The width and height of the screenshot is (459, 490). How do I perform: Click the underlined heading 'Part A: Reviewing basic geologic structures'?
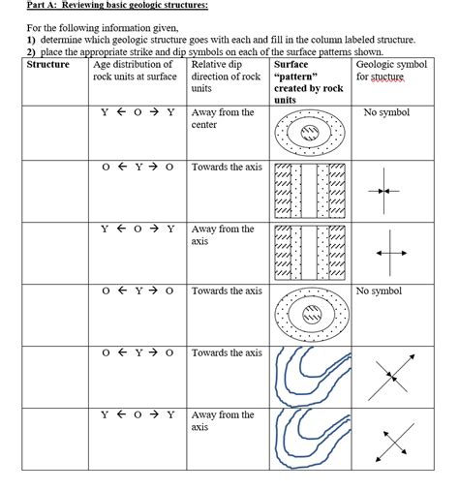tap(117, 7)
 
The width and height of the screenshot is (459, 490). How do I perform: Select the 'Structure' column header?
tap(48, 65)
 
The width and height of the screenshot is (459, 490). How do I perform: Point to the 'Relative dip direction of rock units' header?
tap(226, 77)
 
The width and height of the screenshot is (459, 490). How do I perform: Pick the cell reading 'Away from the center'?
tap(223, 118)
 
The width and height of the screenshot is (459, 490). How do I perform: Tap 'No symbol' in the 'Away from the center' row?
tap(386, 113)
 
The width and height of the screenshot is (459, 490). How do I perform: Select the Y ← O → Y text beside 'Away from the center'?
tap(138, 112)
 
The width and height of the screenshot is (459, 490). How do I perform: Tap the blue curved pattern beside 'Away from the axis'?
tap(309, 439)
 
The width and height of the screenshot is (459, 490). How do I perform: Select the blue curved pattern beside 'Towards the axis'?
tap(309, 376)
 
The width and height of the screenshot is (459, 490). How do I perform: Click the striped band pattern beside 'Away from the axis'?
tap(309, 253)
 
